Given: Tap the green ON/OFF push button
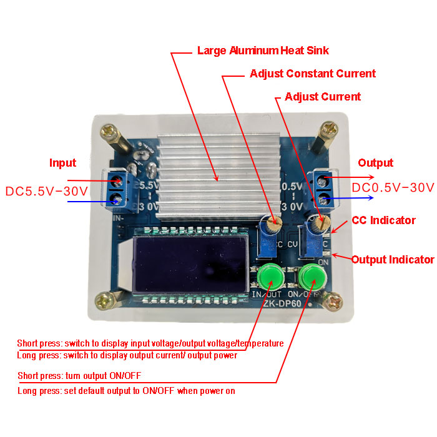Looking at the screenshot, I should coord(313,275).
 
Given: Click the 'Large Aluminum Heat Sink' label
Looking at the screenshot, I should coord(263,50).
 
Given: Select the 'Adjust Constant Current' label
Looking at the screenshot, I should coord(313,74).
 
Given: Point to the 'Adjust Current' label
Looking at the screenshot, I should coord(323,97).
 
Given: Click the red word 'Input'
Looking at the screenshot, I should coord(62,163).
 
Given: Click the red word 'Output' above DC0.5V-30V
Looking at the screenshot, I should coord(375,163).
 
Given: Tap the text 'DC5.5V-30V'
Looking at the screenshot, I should coord(47,189).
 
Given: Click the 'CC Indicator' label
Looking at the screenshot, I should coord(383,220).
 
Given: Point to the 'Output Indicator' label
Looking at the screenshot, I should coord(393,260).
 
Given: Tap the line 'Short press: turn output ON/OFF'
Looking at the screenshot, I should coord(78,376).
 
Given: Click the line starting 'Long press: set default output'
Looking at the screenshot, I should coord(126,391).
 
